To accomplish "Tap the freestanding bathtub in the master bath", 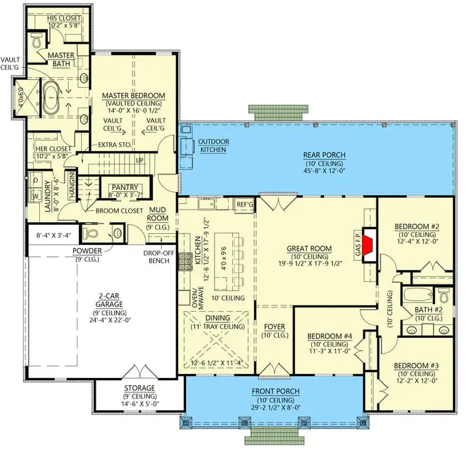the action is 51,97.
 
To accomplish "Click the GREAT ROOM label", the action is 309,249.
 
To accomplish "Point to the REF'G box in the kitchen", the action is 245,205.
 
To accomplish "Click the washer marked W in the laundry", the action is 35,196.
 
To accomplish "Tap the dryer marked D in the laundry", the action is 35,180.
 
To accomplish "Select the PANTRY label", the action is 125,188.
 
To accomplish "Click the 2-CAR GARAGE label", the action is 109,300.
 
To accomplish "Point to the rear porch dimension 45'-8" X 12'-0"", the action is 325,171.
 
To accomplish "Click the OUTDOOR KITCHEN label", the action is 214,146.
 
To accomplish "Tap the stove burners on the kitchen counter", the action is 185,262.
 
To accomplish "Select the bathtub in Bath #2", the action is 418,295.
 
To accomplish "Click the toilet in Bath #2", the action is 445,295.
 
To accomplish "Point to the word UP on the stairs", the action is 140,161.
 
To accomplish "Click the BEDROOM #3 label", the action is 416,366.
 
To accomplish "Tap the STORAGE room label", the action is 139,388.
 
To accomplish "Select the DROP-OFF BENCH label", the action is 159,257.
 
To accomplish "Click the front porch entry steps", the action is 274,436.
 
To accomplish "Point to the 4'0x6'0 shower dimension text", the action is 20,97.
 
